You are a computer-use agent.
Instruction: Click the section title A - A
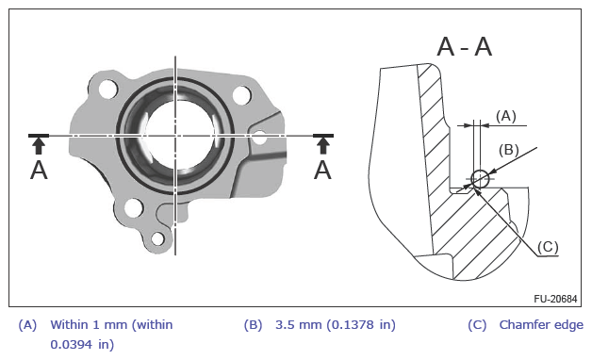(x=465, y=47)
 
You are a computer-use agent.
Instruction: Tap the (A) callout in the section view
(x=505, y=116)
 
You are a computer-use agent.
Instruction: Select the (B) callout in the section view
(x=508, y=150)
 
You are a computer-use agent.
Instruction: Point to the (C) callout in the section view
(x=548, y=247)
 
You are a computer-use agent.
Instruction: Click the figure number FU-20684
(x=555, y=299)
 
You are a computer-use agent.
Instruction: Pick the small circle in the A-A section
(x=480, y=178)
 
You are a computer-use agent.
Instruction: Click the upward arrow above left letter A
(x=39, y=146)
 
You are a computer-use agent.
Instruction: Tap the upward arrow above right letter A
(x=322, y=146)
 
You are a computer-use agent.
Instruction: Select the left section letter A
(x=39, y=171)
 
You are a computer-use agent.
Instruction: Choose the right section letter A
(x=322, y=171)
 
